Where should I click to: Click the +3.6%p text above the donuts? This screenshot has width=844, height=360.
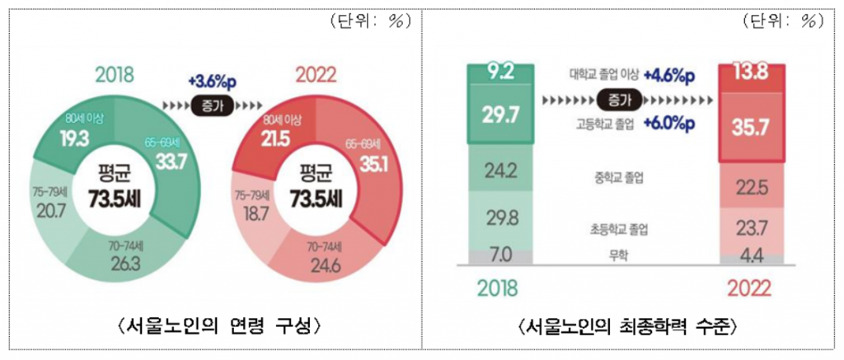(x=212, y=82)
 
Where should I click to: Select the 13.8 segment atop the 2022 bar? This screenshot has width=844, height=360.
(x=750, y=74)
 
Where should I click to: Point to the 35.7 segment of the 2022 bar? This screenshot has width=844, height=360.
(x=750, y=126)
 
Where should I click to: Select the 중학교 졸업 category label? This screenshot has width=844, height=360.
(x=618, y=177)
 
